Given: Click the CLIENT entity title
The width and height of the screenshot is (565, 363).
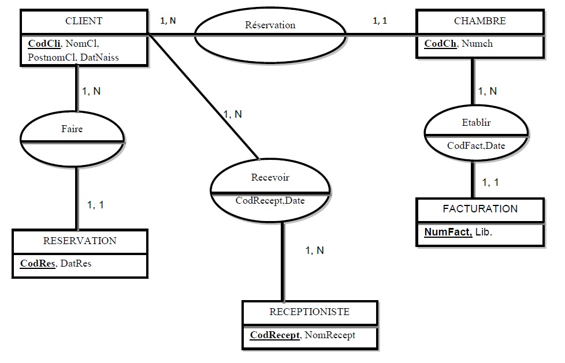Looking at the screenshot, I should (x=84, y=21).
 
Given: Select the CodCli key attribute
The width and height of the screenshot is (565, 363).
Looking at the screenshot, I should (x=44, y=44).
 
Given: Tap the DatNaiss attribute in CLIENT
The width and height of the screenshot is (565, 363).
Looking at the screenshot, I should (x=99, y=57).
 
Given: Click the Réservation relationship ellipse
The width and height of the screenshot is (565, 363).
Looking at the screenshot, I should (x=270, y=25).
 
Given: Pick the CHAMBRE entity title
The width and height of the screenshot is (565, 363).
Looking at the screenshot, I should (x=479, y=21).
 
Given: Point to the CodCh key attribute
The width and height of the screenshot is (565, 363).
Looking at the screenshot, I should (x=440, y=44).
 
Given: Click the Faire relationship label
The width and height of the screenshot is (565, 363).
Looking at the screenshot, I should (x=72, y=129).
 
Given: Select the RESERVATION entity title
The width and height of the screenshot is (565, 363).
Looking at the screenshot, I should (x=80, y=241).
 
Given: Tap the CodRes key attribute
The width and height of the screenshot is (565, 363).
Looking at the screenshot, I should (x=38, y=264).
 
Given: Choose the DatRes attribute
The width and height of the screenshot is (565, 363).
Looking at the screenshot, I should (x=76, y=264).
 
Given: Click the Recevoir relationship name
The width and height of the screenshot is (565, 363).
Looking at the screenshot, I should (x=270, y=178).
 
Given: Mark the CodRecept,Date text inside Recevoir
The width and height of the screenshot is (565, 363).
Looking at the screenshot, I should (x=270, y=201).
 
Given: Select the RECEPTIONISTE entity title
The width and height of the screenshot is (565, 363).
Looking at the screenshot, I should (x=310, y=312).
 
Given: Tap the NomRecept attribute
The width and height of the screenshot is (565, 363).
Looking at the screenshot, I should (x=330, y=335).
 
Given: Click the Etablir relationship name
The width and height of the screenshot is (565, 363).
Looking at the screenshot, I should (x=476, y=123).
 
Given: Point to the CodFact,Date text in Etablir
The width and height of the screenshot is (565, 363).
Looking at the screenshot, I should (x=476, y=145).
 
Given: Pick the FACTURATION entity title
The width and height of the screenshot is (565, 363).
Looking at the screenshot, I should (x=479, y=209).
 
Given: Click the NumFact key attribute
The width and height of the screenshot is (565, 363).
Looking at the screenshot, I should (x=448, y=232).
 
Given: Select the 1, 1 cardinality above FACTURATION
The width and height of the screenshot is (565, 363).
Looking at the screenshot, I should (x=490, y=182).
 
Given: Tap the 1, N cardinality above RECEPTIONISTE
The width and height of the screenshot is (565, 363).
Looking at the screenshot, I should (x=314, y=250).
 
